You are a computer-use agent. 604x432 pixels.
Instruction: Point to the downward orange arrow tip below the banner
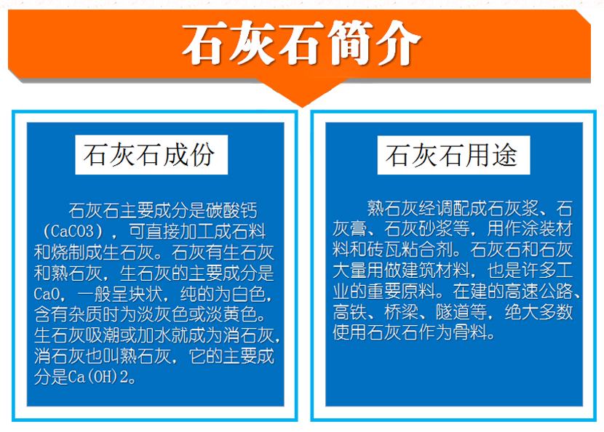coord(303,106)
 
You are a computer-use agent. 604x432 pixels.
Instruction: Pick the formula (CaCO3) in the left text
coord(73,231)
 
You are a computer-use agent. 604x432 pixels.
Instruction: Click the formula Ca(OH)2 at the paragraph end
coord(99,377)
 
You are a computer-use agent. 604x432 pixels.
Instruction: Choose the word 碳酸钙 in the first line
coord(231,211)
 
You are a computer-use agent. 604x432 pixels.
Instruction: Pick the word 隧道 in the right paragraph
coord(453,312)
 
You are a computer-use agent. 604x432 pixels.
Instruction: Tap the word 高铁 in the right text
coord(349,312)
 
